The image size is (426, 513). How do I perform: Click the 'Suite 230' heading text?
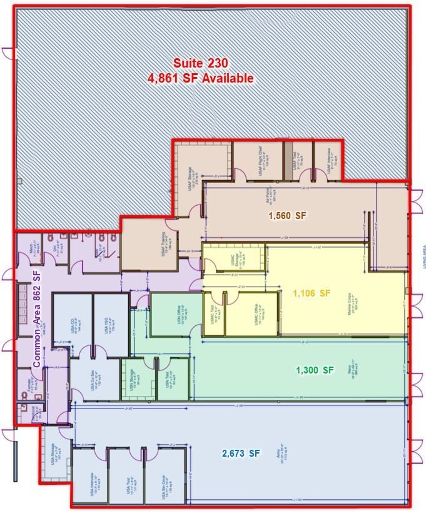(200, 63)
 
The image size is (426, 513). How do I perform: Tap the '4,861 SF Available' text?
(200, 78)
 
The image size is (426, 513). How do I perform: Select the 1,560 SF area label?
(287, 216)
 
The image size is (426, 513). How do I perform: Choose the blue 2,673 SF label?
(241, 453)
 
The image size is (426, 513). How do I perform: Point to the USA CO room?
(73, 322)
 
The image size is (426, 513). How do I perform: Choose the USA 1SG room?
(111, 322)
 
